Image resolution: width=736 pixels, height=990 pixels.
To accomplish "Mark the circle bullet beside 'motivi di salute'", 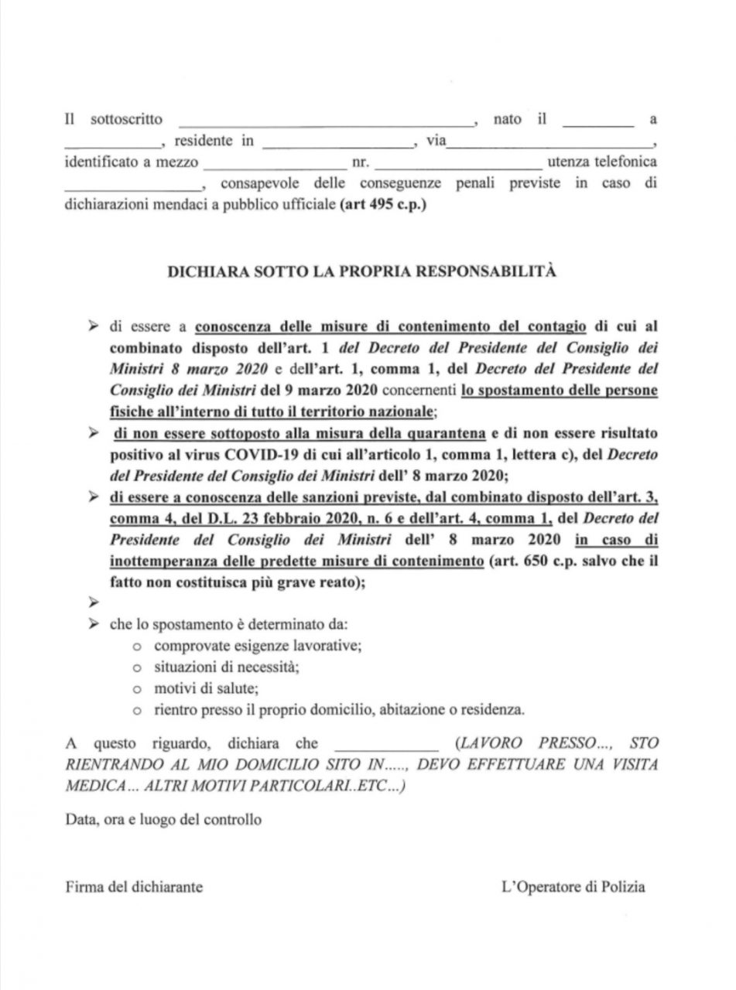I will tap(137, 688).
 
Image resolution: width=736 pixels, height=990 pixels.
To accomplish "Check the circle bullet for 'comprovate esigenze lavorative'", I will tap(137, 645).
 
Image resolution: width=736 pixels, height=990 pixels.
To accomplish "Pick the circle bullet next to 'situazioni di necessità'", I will tap(137, 667).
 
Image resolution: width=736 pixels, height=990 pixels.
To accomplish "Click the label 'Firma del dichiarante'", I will tap(134, 887).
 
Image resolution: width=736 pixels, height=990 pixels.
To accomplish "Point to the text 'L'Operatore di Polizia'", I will tap(573, 887).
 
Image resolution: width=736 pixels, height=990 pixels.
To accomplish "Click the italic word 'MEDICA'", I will tap(97, 785).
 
